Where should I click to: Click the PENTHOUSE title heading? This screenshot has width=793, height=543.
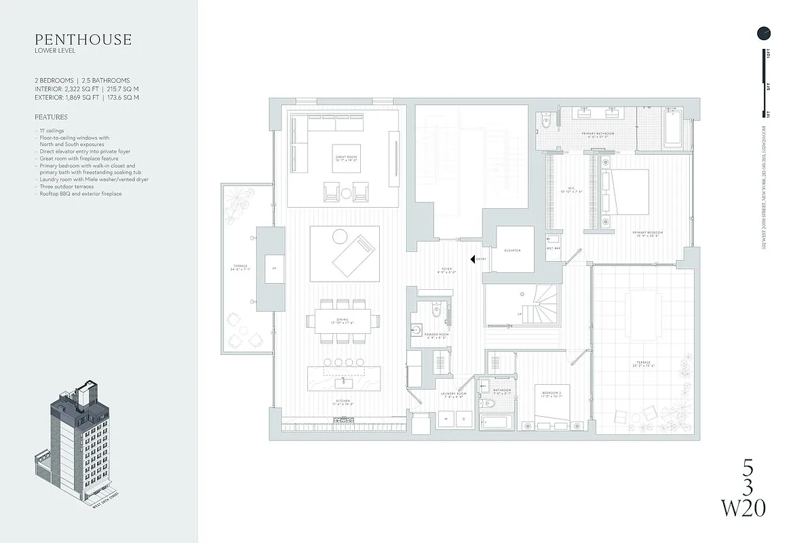(x=83, y=39)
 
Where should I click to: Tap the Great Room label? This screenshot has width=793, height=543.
(x=346, y=157)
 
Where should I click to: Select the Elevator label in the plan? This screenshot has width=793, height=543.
(x=512, y=250)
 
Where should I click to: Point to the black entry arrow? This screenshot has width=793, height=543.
(x=473, y=259)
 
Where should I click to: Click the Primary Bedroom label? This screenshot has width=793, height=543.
(x=647, y=233)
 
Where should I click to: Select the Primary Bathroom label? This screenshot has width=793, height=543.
(x=598, y=134)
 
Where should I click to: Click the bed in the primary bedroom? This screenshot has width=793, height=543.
(x=631, y=191)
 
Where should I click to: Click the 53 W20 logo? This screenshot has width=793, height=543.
(x=746, y=487)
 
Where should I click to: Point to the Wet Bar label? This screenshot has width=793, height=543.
(x=554, y=249)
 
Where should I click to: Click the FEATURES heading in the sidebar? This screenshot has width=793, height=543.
(x=51, y=117)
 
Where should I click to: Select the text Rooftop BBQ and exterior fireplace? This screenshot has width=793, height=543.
(x=79, y=194)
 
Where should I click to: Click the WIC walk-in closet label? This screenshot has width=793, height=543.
(x=571, y=190)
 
